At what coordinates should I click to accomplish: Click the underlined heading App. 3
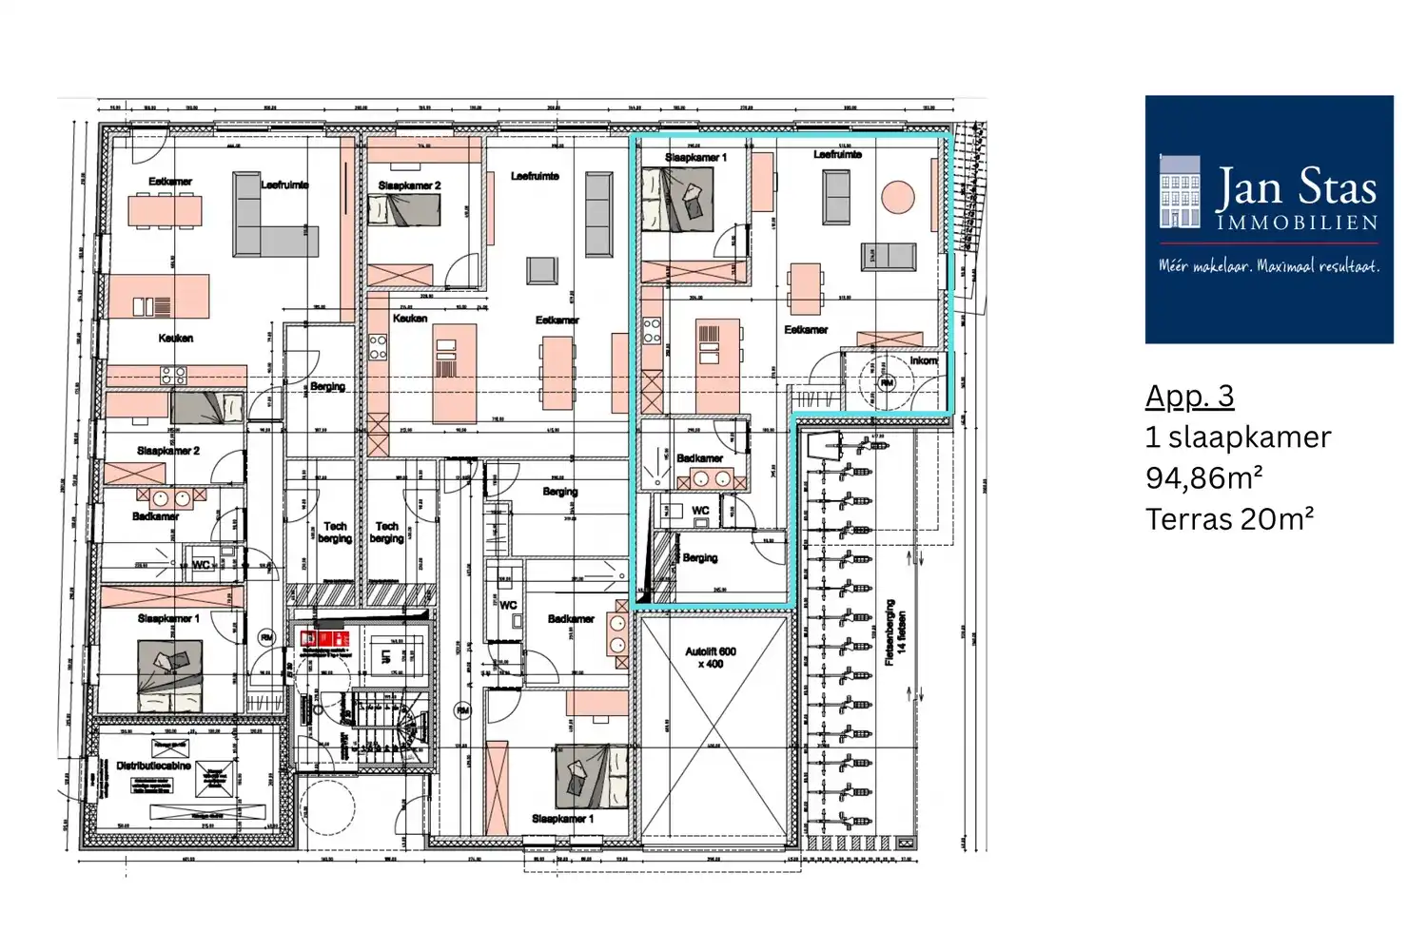1189,396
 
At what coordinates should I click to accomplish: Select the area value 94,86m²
1203,477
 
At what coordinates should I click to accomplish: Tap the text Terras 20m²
1229,519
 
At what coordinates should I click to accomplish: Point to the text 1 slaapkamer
1238,437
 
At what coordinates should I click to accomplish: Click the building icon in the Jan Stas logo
1180,192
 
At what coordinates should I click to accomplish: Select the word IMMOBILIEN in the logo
1297,223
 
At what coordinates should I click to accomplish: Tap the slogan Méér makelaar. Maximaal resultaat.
1268,266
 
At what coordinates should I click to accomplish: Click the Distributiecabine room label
153,765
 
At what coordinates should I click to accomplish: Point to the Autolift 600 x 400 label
710,657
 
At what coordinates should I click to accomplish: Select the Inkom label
923,360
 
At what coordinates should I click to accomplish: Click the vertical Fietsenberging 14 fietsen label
895,632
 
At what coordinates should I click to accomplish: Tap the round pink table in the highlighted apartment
897,198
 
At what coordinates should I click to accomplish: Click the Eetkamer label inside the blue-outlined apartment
806,329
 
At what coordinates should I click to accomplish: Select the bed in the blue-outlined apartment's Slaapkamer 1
677,201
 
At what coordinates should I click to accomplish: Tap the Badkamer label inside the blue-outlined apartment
699,458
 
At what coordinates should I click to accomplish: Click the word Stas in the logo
1337,188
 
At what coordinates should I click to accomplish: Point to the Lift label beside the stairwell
386,656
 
